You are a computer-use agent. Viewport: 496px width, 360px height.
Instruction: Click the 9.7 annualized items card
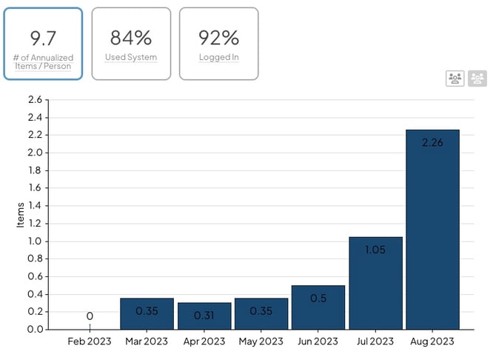tap(43, 44)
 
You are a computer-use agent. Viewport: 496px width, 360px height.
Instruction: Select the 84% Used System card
tap(131, 44)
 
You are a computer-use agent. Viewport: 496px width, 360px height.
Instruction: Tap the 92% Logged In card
tap(219, 44)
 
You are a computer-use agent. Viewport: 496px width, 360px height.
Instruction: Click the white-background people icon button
tap(455, 79)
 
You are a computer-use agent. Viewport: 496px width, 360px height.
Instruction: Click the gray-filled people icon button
tap(477, 79)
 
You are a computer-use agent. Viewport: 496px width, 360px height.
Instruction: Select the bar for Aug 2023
tap(432, 230)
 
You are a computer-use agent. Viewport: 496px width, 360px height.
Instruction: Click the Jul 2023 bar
tap(375, 283)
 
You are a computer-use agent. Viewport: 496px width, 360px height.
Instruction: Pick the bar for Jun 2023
tap(318, 307)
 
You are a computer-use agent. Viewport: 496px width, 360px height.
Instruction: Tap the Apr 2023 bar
tap(204, 316)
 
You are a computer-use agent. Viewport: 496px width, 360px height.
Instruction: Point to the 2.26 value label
tap(432, 142)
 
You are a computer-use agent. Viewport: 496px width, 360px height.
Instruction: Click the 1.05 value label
tap(375, 250)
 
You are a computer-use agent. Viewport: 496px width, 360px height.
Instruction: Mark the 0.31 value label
tap(204, 315)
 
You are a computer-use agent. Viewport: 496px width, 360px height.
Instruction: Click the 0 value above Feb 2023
tap(90, 316)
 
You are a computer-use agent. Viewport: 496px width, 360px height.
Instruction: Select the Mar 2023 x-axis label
tap(147, 342)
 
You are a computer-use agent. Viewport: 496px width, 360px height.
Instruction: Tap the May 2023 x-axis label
tap(261, 342)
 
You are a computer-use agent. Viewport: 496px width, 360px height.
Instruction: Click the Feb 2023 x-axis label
tap(90, 342)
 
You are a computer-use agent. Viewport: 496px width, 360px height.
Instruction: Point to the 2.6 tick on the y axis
tap(34, 100)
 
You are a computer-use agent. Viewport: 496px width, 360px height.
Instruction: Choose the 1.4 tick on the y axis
tap(34, 206)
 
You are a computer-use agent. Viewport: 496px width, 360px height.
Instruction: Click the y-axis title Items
tap(21, 214)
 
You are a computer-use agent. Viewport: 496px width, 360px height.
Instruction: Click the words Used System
tap(131, 57)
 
